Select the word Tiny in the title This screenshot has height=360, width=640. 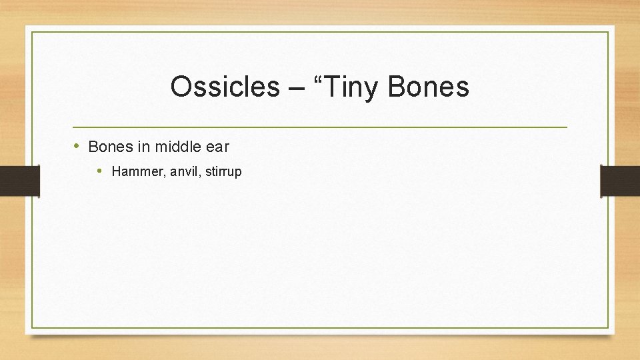[x=352, y=87]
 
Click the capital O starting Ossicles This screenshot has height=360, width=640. [x=181, y=87]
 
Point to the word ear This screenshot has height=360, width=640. [x=217, y=146]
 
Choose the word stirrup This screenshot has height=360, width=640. [x=223, y=172]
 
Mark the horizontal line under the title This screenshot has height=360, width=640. [x=320, y=127]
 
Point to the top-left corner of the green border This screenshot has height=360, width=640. [x=32, y=32]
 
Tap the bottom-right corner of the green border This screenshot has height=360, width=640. [x=608, y=328]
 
